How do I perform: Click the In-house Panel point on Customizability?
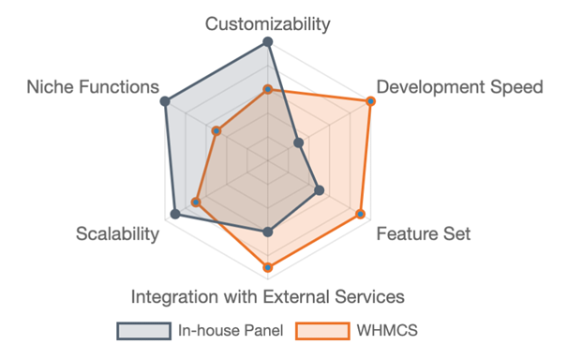pos(268,42)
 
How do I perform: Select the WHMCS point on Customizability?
pos(268,89)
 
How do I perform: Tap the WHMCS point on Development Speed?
pos(370,101)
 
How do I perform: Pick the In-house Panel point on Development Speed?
pos(298,143)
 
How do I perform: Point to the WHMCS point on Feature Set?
pos(360,215)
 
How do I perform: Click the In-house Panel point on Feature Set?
pos(320,190)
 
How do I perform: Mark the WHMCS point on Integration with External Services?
pos(268,268)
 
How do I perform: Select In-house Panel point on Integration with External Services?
pos(268,232)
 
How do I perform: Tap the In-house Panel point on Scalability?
pos(175,215)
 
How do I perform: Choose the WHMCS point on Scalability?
pos(196,202)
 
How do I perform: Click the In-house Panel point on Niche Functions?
pos(165,101)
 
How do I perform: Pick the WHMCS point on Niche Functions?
pos(216,131)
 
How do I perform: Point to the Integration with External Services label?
pos(268,296)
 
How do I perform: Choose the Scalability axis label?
pos(117,233)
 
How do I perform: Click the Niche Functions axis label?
pos(93,87)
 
